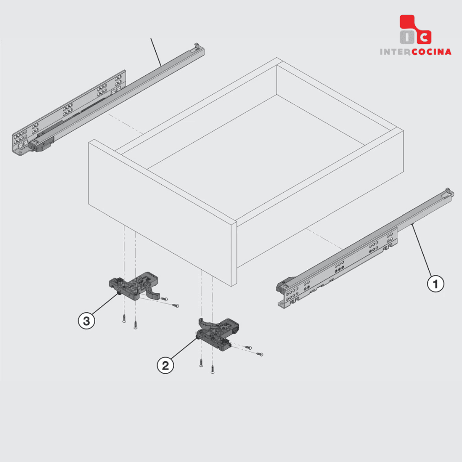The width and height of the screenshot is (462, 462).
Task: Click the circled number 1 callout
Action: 436,284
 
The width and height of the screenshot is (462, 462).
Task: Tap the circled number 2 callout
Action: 165,365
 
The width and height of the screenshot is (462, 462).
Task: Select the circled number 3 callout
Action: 86,321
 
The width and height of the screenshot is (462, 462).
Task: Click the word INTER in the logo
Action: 395,52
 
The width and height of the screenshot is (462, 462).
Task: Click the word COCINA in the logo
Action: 431,52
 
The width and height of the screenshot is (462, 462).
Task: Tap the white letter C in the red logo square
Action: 424,37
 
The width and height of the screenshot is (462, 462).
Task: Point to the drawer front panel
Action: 163,212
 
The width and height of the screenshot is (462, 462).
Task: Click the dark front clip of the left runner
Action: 41,144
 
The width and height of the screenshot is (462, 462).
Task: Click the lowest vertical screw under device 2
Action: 213,370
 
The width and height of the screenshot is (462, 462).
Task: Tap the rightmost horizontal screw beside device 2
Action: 260,354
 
